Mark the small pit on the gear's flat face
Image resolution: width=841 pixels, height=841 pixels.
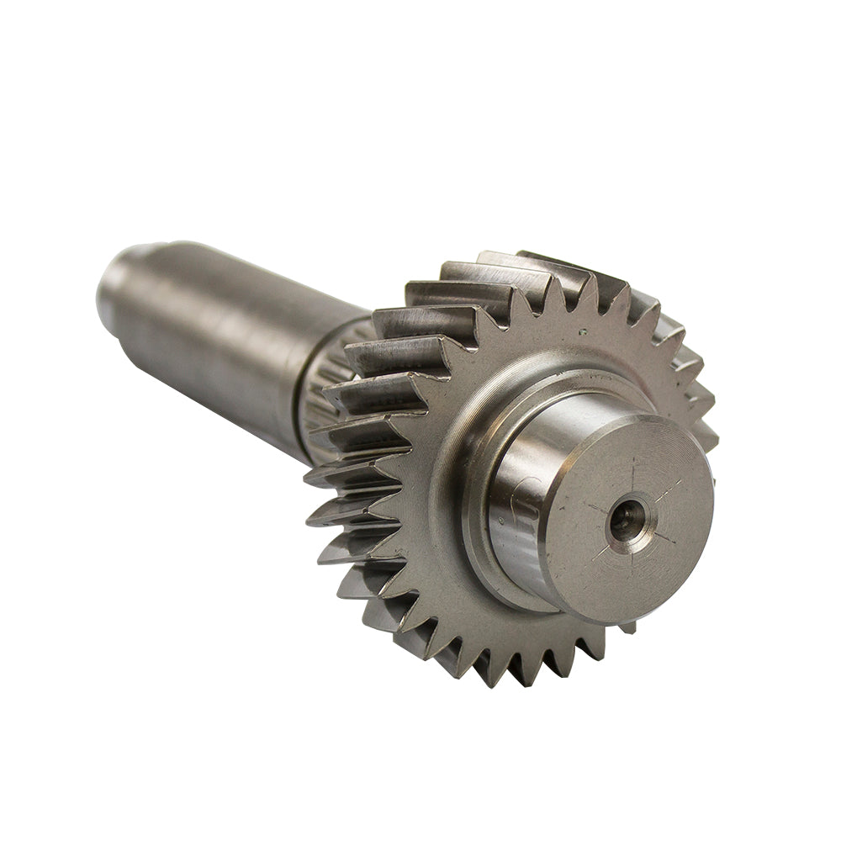coord(583,331)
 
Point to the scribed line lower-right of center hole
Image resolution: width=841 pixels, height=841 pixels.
coord(660,538)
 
